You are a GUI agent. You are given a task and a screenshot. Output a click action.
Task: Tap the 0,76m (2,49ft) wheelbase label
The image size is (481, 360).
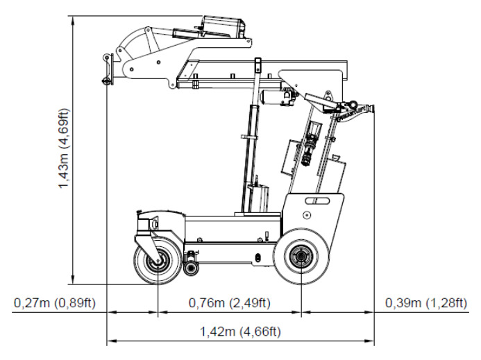pos(230,303)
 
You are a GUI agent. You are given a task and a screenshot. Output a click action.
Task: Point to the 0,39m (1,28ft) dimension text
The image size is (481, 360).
pos(426,303)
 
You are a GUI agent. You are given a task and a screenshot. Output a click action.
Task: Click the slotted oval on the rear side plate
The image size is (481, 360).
pos(319,201)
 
